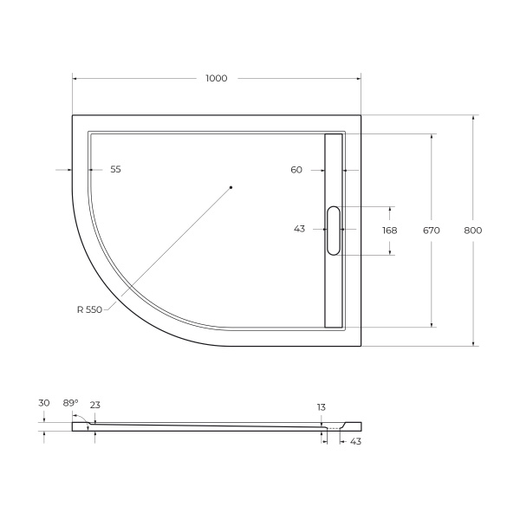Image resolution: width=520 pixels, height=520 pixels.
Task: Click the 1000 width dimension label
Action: tap(216, 79)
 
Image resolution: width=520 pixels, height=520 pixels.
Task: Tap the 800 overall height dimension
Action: tap(472, 231)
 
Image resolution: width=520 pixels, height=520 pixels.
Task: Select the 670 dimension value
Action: tap(432, 231)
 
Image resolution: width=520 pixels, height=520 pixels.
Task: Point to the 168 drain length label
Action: tap(389, 231)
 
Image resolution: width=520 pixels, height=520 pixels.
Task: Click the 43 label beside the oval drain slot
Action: tap(300, 230)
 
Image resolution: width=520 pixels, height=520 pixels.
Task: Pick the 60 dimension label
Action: tap(296, 170)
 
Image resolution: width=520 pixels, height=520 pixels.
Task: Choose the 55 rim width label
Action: tap(115, 170)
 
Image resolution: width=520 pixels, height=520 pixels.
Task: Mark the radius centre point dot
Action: tap(231, 187)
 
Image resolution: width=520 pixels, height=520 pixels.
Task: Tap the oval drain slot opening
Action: tap(334, 230)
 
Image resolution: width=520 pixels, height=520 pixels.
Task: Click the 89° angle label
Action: tap(70, 403)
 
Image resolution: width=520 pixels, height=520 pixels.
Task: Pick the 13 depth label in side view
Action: tap(322, 406)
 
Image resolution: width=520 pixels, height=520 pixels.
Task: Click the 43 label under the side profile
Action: tap(355, 442)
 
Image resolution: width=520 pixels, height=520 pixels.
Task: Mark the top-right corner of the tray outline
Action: tap(361, 114)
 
